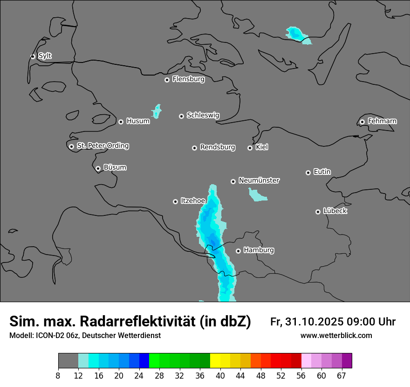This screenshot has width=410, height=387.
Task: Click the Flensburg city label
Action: tap(188, 79)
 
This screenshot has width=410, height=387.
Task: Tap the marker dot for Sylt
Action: tap(33, 56)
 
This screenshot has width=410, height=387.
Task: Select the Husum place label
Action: tap(138, 121)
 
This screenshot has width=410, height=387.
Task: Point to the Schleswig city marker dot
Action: tap(181, 116)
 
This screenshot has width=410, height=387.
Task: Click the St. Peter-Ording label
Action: tap(102, 146)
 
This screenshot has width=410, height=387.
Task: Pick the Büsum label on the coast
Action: tap(115, 167)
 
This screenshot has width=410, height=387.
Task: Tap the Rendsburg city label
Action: tap(218, 147)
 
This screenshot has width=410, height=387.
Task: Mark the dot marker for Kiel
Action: tap(250, 148)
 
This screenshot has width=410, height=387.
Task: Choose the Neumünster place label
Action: tap(259, 180)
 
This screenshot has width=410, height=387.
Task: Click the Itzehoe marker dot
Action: tap(175, 201)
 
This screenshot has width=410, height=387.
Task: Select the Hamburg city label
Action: tap(259, 250)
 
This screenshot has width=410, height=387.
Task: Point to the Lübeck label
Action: tap(335, 211)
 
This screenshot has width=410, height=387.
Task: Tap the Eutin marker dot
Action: tap(308, 173)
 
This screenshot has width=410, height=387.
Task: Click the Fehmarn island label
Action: tap(382, 121)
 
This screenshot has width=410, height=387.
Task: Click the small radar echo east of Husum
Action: tap(157, 111)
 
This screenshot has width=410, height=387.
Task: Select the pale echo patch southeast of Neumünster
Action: tap(257, 195)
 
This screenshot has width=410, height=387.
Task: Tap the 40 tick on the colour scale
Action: tap(220, 376)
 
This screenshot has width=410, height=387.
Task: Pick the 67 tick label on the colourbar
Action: tap(342, 376)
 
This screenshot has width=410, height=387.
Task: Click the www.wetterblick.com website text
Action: tap(336, 336)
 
